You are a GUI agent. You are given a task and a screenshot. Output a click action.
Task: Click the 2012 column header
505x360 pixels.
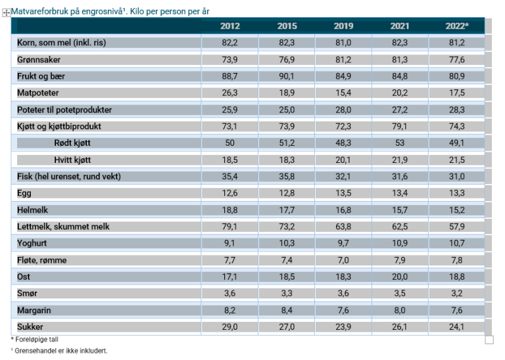pos(229,26)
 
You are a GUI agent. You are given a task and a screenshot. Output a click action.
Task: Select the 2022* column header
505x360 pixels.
pos(456,26)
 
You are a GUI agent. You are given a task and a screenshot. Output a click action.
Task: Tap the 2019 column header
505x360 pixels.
pos(343,26)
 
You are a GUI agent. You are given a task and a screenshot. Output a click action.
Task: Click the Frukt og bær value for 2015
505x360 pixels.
pos(286,76)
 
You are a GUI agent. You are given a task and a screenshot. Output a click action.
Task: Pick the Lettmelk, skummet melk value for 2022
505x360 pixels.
pos(456,227)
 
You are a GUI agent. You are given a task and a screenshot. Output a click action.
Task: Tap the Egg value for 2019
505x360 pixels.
pos(343,193)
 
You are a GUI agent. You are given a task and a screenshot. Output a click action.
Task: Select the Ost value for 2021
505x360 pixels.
pos(400,277)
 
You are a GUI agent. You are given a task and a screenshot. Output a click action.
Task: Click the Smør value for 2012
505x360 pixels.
pos(229,293)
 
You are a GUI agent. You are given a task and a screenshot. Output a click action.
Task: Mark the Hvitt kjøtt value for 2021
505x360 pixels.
pos(400,160)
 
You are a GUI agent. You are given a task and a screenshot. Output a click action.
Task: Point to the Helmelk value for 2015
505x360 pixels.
pos(286,210)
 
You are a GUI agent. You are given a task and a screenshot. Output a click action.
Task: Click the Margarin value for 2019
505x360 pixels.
pos(343,310)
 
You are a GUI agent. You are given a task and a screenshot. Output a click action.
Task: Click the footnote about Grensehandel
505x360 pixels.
pos(60,351)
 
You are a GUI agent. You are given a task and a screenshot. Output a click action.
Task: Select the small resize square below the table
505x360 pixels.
pos(489,340)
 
